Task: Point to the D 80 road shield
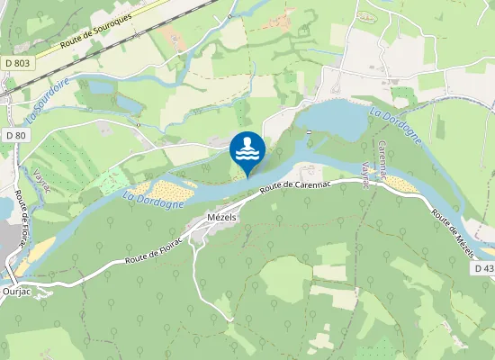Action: (x=15, y=135)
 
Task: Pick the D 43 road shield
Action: (x=482, y=269)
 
